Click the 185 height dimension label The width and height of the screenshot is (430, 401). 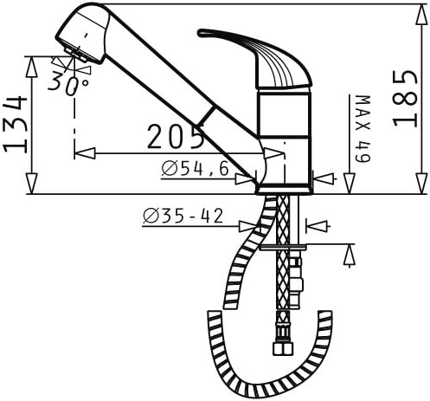pos(406,98)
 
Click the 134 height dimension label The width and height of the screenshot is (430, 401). pos(16,125)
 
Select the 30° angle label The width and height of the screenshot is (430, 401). pos(68,83)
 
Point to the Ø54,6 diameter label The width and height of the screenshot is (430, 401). pos(196,169)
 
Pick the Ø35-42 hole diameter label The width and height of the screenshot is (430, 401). pos(183,216)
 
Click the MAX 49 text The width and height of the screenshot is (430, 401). pos(363,129)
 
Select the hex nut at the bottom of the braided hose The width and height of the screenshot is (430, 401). pos(282,348)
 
